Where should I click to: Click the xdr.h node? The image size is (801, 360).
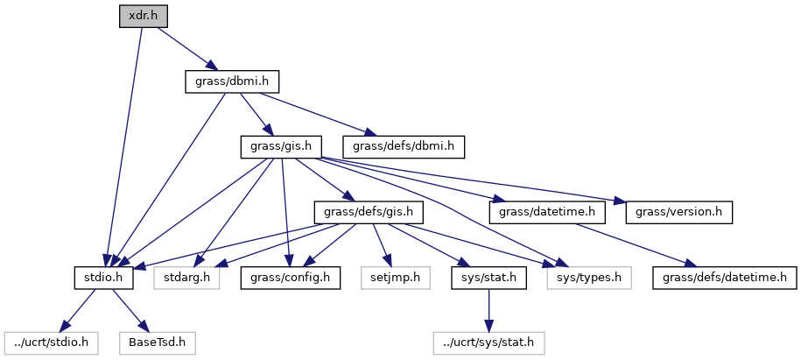(x=144, y=16)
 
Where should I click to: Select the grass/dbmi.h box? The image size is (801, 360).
(x=232, y=81)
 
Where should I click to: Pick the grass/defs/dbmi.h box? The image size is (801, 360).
(x=404, y=146)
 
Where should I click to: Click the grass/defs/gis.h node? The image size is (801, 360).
(x=369, y=212)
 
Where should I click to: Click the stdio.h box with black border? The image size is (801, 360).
(x=102, y=279)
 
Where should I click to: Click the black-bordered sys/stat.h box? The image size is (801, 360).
(x=488, y=279)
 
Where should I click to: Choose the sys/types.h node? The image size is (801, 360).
(x=589, y=279)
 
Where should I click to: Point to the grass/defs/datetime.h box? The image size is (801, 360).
(x=723, y=279)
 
